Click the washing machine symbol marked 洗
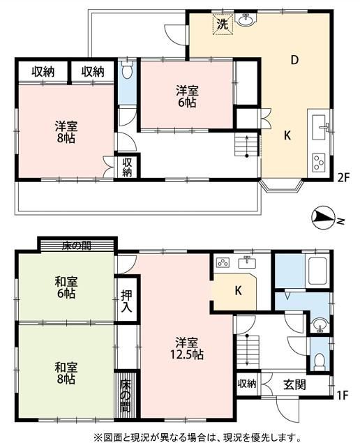[x=223, y=24]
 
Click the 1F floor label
[x=342, y=395]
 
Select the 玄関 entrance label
[x=294, y=384]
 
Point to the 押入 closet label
[x=126, y=301]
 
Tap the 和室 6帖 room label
[x=66, y=287]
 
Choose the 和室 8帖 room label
[x=66, y=373]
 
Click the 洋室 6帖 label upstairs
[x=187, y=97]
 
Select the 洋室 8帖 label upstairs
[x=66, y=132]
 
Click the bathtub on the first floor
[x=317, y=271]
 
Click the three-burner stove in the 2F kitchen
[x=319, y=163]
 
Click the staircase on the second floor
[x=247, y=145]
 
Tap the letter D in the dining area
[x=294, y=60]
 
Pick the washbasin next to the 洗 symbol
[x=246, y=20]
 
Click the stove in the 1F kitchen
[x=223, y=263]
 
